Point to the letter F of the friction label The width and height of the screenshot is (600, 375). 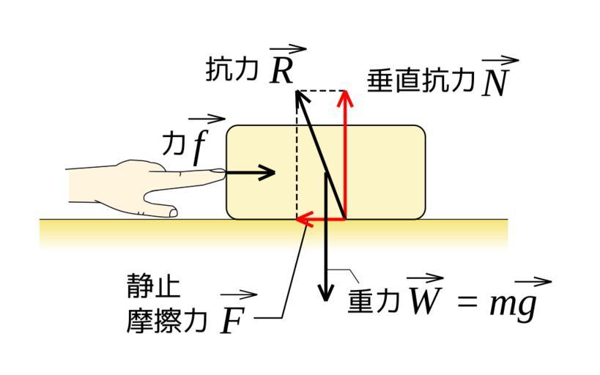(232, 321)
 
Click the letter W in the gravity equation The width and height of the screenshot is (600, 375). (424, 300)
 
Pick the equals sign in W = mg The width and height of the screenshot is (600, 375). (466, 301)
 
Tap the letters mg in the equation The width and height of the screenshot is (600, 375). (513, 302)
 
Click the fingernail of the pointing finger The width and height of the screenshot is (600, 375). (218, 171)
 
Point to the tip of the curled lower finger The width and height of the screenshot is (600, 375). (174, 212)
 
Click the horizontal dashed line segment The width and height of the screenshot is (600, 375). (320, 92)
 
